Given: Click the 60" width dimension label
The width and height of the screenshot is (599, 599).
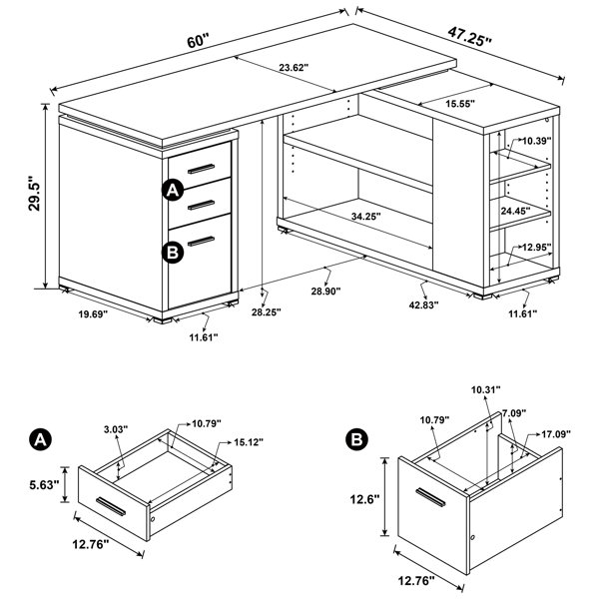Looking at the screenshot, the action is coord(199,40).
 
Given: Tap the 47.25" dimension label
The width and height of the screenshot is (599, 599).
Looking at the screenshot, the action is coord(470,37).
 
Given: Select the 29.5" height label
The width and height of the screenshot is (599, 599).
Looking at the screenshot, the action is coord(34,194).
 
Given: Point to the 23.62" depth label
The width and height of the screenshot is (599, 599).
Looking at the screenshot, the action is coord(294,68).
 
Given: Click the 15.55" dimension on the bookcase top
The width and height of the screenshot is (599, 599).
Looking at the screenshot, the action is coord(460,103).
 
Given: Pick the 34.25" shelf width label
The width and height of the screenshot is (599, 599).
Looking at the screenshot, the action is coord(366,217).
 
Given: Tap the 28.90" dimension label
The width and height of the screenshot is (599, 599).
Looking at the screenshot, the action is coord(325,292).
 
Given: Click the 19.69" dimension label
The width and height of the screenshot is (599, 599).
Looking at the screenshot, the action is coord(94,314).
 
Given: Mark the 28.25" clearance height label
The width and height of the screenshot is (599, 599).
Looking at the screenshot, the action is coord(267,312).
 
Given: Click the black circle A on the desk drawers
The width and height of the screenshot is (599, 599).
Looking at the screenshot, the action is coord(173,190).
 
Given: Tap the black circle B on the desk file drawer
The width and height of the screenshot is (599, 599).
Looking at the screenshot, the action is coord(173,253).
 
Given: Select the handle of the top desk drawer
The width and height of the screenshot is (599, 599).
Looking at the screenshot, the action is coord(201,169).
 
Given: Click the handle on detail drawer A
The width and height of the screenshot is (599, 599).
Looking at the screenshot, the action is coord(111,506).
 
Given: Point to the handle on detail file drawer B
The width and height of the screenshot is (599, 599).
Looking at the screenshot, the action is coord(430,497).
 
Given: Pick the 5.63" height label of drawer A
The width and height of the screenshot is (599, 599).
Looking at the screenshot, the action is coord(44,485).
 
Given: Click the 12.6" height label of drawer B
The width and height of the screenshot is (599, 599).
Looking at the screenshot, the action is coord(364,499).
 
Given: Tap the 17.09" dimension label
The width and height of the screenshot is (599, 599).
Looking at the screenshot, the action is coord(556,434).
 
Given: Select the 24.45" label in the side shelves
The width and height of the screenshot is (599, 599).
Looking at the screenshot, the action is coord(515,210).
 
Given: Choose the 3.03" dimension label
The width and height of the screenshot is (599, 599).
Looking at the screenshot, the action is coord(116,429).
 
